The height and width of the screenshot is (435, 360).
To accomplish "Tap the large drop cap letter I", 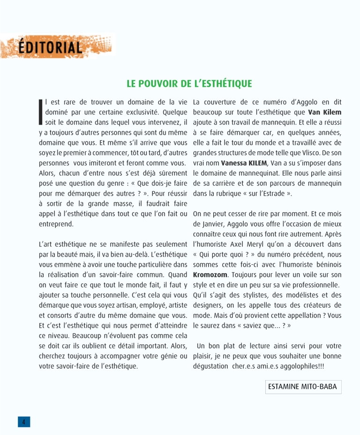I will coord(41,112).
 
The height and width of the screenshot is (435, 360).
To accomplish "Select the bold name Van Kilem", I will coord(324,112).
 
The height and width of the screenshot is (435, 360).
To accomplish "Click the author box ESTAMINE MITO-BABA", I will coord(303,387).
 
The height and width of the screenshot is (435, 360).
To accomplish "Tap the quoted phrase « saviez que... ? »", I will coord(249,326).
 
